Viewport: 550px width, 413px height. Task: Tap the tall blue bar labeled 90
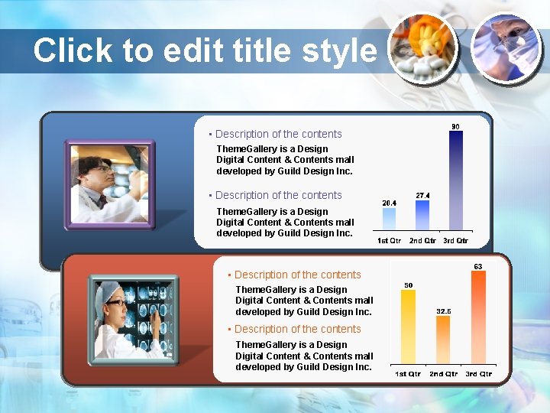click(x=455, y=180)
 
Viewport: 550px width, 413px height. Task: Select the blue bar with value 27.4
click(x=422, y=216)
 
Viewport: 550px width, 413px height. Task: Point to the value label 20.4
click(x=389, y=203)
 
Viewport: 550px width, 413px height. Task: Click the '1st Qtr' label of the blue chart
click(x=390, y=241)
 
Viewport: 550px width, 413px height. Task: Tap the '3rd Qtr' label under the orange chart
click(x=479, y=374)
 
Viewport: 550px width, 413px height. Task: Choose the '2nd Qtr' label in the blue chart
click(x=422, y=241)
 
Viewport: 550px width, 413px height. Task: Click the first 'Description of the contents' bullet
click(x=278, y=134)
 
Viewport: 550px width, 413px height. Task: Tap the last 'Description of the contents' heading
click(x=297, y=329)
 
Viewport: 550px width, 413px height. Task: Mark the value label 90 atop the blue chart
click(x=455, y=125)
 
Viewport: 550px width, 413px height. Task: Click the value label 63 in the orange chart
click(x=478, y=266)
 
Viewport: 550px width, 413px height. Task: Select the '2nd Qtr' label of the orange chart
click(x=443, y=374)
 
